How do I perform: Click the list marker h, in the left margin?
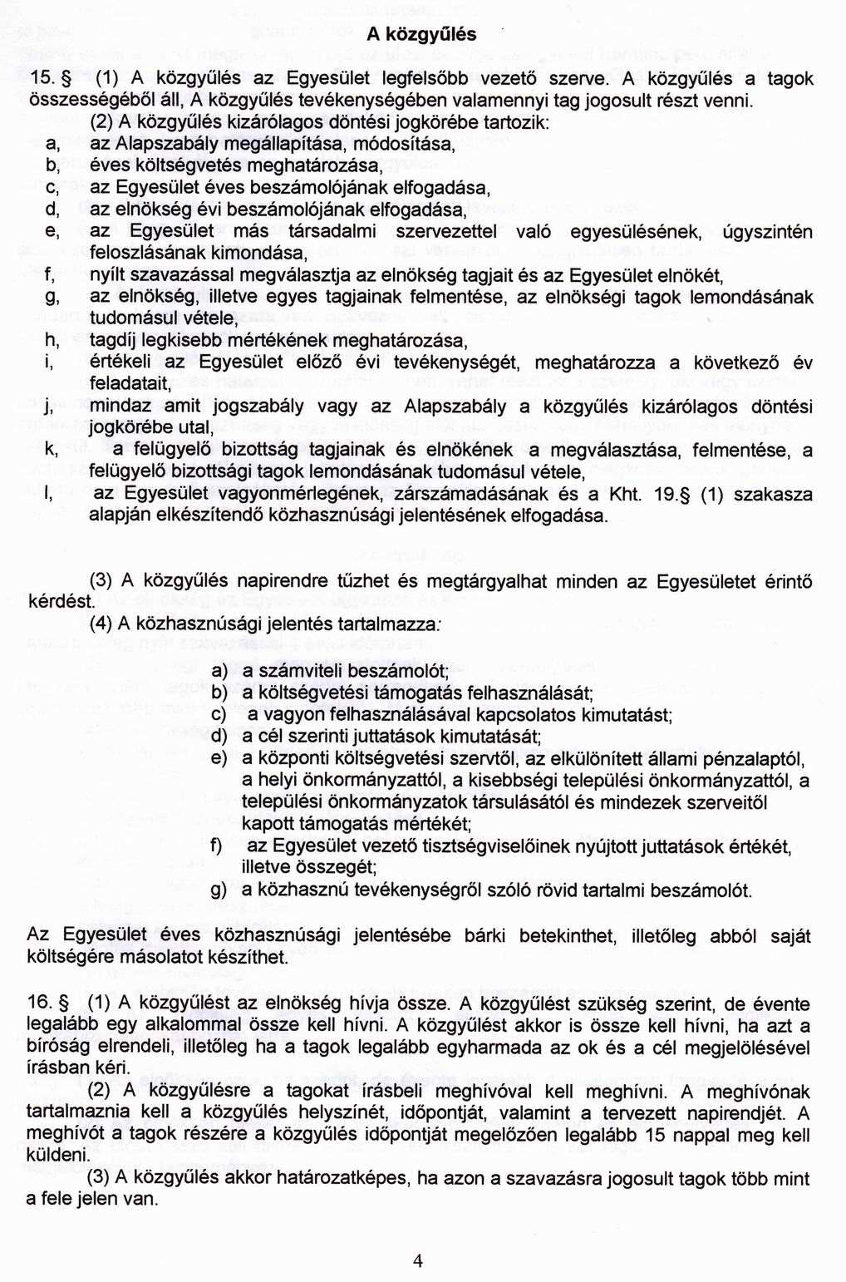52,341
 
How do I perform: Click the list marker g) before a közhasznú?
219,890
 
